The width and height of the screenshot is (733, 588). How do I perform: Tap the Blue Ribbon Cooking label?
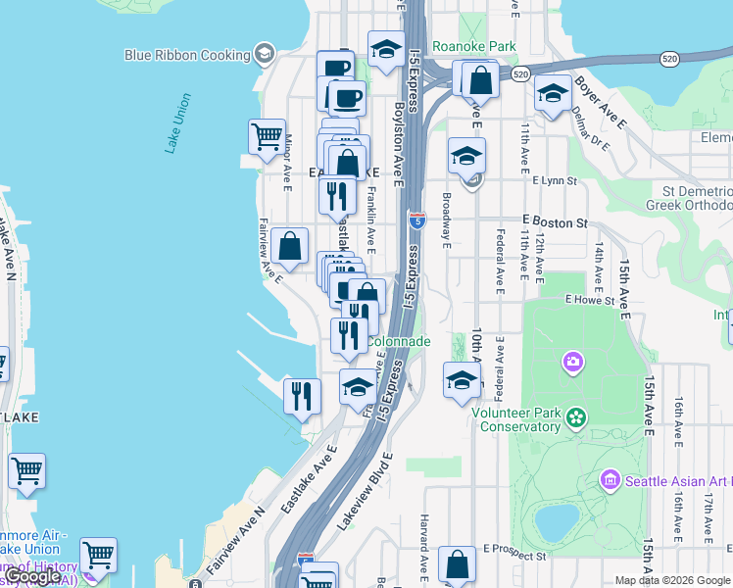(x=187, y=55)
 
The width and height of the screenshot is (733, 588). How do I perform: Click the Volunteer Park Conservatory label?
(x=516, y=419)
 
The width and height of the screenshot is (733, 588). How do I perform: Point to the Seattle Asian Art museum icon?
(x=610, y=480)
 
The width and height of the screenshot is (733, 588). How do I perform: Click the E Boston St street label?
(x=554, y=222)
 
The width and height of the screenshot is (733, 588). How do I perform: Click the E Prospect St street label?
(x=513, y=556)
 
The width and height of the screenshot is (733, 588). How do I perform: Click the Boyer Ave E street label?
(x=601, y=103)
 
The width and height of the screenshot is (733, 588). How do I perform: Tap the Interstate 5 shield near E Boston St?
(x=417, y=220)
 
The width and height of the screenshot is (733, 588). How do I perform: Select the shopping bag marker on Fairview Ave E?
(x=290, y=246)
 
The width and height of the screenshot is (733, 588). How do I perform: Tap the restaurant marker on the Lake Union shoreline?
(x=302, y=396)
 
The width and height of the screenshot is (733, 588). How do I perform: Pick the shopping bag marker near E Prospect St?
(x=458, y=563)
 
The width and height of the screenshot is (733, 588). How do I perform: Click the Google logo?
(x=32, y=577)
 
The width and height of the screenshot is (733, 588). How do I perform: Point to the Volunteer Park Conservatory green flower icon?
(x=575, y=418)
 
